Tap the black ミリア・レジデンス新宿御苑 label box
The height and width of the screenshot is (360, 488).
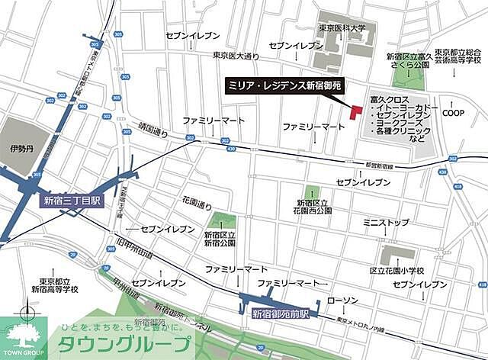click(294, 85)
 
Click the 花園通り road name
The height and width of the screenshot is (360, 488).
click(196, 205)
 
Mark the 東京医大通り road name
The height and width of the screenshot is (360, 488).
click(237, 55)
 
